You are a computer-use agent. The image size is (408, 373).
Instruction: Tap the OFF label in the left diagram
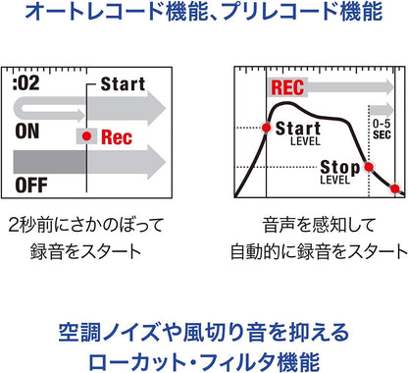32,184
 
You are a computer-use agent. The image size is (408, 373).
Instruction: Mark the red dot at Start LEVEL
266,129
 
